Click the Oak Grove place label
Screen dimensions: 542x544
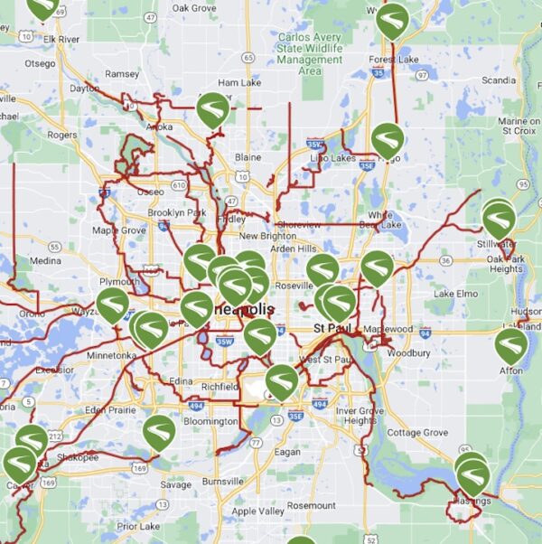[x=193, y=8]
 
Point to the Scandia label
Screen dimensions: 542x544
[x=498, y=80]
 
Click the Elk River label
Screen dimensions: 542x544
[x=61, y=40]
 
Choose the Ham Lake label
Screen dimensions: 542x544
[x=238, y=82]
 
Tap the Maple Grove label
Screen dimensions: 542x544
[x=118, y=230]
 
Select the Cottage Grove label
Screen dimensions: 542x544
[x=416, y=433]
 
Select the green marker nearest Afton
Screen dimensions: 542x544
[x=510, y=344]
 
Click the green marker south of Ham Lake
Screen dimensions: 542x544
[x=213, y=108]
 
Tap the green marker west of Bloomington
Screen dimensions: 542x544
[x=159, y=431]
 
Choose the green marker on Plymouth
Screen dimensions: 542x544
[x=113, y=304]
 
